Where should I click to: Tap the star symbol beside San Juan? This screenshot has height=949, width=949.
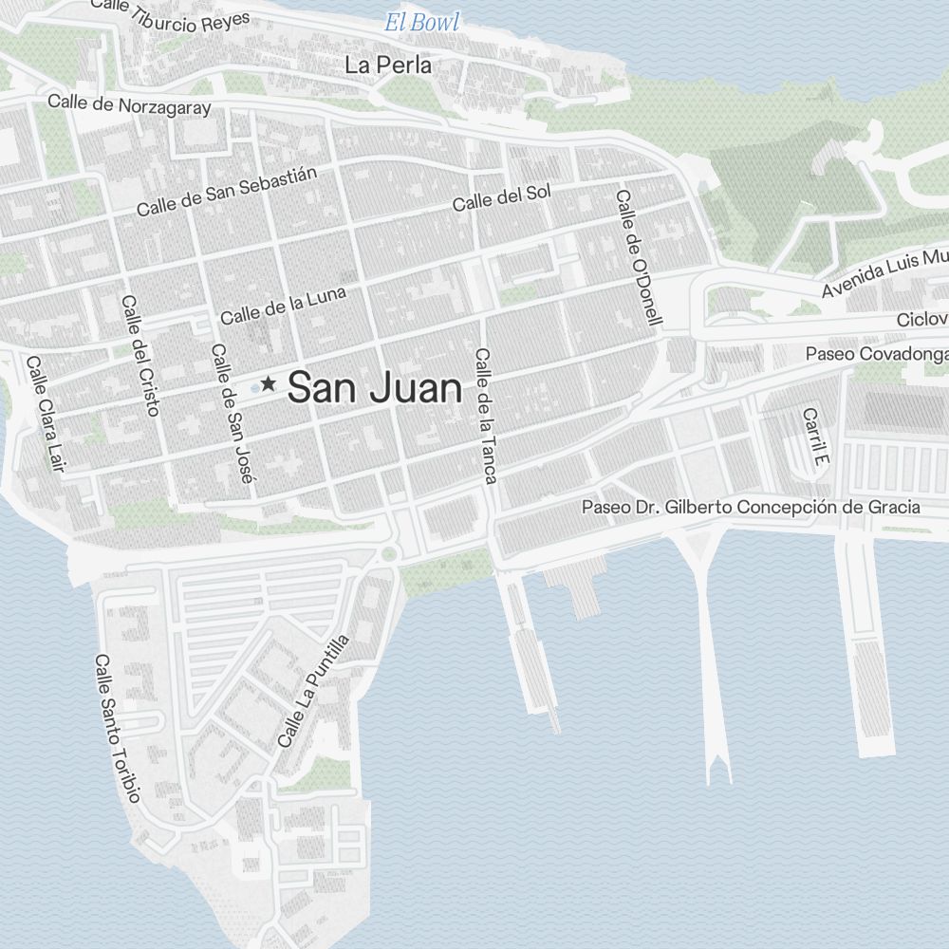[269, 383]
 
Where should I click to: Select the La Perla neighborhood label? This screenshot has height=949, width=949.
[388, 65]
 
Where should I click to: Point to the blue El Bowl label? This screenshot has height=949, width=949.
[421, 22]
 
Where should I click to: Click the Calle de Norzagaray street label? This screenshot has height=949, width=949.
[129, 104]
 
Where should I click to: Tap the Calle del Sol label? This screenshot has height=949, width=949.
[501, 198]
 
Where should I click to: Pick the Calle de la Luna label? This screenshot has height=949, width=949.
[283, 305]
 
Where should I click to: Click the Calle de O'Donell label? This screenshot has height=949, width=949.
[638, 257]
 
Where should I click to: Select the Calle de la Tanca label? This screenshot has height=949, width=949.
[486, 416]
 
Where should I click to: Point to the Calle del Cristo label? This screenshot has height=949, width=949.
[140, 355]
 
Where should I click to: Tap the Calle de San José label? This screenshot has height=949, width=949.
[233, 414]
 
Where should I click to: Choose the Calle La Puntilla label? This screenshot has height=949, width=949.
[313, 691]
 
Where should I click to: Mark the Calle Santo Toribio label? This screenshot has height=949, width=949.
[118, 728]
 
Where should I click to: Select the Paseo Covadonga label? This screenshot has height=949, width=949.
[876, 354]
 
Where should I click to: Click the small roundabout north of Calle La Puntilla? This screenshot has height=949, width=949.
[388, 553]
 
